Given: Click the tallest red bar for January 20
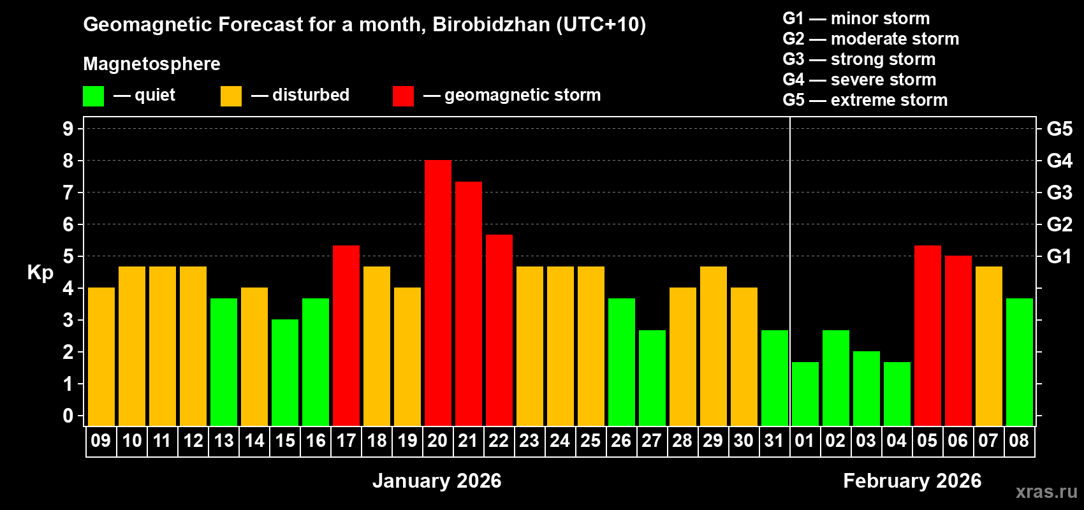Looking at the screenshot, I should click(437, 293).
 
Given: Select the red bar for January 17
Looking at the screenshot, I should click(346, 335).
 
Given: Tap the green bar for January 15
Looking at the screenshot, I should click(284, 372).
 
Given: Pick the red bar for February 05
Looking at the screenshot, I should click(927, 335).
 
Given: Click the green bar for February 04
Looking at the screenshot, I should click(897, 393).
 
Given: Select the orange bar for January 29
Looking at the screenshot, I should click(713, 346).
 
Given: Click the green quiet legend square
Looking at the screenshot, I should click(93, 96).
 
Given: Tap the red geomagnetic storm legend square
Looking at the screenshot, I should click(403, 96).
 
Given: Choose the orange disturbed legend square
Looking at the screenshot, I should click(231, 96).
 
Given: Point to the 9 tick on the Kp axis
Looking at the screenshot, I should click(68, 129).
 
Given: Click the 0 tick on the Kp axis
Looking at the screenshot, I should click(68, 416).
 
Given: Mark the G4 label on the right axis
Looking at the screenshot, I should click(1059, 161).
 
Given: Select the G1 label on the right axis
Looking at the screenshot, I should click(1059, 256).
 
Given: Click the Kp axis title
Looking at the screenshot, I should click(40, 272).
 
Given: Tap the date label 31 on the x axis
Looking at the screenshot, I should click(774, 441).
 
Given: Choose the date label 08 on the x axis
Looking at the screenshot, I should click(1019, 441).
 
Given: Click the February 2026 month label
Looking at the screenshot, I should click(912, 481).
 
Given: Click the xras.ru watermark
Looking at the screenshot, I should click(1046, 491).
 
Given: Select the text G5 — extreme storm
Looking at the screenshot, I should click(865, 100).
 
